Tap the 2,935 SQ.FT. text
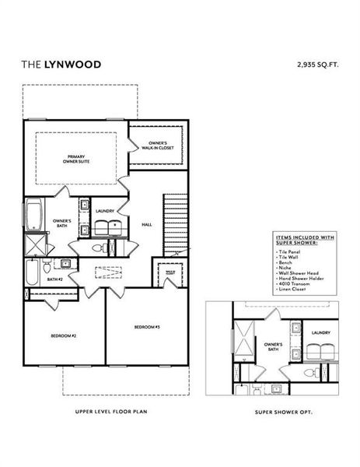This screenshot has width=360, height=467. [317, 65]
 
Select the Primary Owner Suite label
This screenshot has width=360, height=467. [75, 159]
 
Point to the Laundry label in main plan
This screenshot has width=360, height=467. [106, 211]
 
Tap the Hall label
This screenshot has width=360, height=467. [146, 224]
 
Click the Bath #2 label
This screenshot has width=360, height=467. [54, 279]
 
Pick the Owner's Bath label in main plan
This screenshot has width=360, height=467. [62, 223]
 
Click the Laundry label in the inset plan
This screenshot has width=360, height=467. [321, 332]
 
